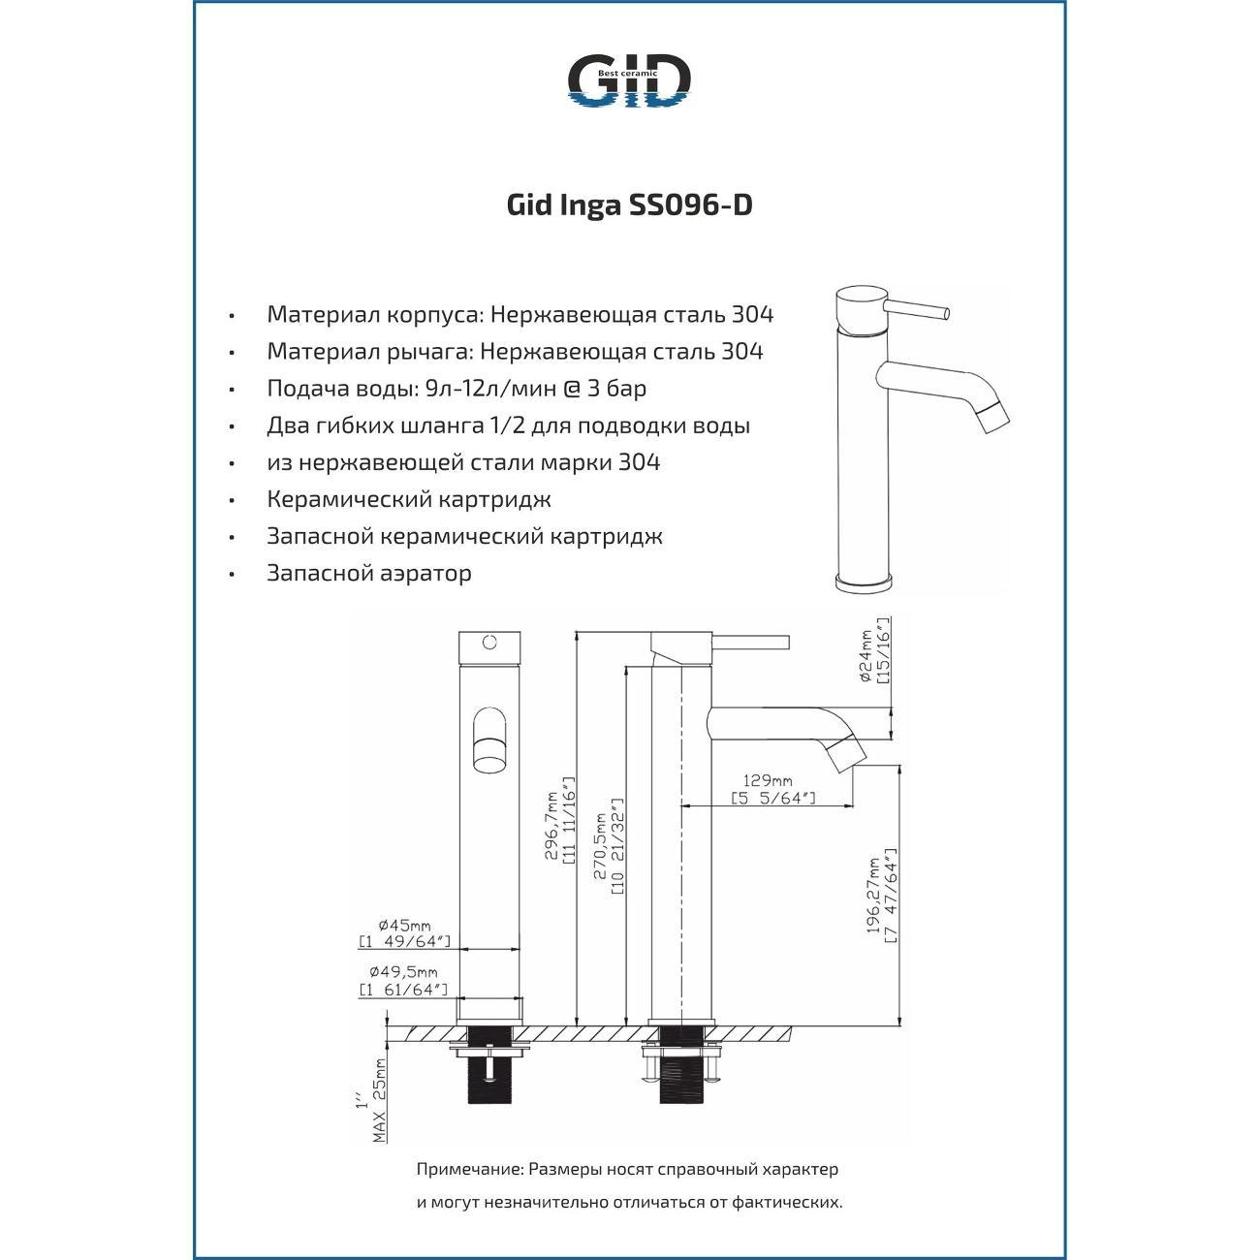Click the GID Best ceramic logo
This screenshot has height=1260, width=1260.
pos(628,80)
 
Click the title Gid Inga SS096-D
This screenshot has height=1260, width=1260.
pos(630,205)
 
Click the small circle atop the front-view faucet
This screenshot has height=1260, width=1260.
pos(489,642)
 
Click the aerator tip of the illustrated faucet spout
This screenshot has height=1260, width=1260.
pos(995,418)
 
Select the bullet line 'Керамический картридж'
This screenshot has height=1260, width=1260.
pos(409,499)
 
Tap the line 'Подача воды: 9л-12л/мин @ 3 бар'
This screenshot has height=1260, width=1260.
pos(457,389)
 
